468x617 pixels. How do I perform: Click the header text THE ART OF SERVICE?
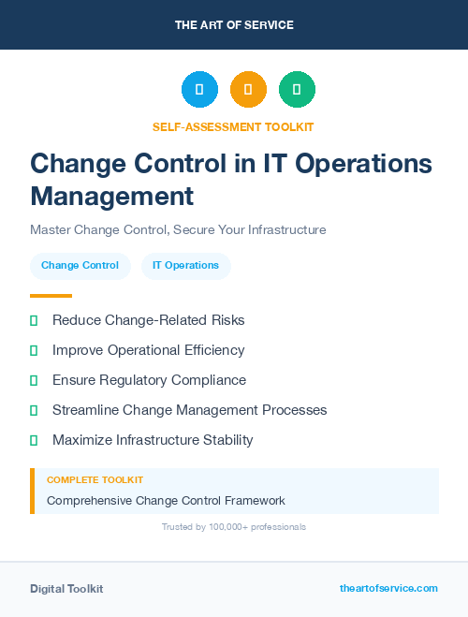tap(234, 25)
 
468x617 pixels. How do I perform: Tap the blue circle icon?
tap(199, 90)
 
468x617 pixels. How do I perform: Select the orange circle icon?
tap(248, 90)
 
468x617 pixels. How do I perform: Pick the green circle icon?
tap(297, 90)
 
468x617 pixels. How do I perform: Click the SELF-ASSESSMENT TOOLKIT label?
tap(233, 126)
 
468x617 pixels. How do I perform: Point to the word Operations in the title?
tap(364, 163)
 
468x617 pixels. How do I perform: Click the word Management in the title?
tap(112, 196)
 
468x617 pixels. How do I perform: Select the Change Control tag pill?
tap(80, 266)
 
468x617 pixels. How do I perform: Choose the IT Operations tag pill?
tap(185, 266)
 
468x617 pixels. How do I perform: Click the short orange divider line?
tap(51, 296)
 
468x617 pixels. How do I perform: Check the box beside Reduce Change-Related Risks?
tap(34, 320)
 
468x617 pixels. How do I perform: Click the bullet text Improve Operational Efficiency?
tap(148, 350)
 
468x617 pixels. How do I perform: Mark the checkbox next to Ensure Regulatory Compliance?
tap(34, 380)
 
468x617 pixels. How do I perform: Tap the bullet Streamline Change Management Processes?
tap(189, 410)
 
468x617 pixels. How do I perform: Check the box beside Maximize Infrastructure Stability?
tap(34, 440)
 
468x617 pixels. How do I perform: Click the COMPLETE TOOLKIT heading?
tap(95, 480)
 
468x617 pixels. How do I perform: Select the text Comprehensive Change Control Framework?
tap(166, 501)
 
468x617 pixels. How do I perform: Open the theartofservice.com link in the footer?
tap(388, 588)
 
